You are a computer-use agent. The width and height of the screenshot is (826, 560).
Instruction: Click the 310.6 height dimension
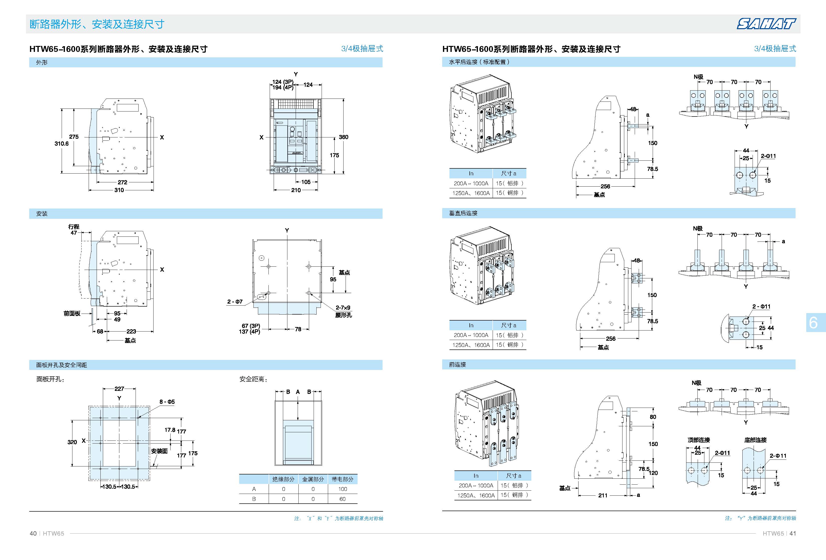[61, 143]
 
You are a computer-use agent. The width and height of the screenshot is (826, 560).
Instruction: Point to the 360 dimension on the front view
[343, 137]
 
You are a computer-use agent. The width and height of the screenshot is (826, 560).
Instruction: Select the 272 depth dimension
[123, 182]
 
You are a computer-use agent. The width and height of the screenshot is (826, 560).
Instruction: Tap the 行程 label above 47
[74, 226]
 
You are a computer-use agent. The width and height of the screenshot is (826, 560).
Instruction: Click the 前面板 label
[72, 313]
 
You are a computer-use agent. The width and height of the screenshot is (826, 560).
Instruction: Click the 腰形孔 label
[343, 315]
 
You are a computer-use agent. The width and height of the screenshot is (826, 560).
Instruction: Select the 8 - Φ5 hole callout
[167, 402]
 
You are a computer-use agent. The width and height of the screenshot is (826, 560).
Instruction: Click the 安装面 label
[159, 451]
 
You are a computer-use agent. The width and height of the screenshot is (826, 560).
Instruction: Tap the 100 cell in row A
[343, 489]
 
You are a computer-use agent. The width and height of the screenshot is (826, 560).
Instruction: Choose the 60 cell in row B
[343, 499]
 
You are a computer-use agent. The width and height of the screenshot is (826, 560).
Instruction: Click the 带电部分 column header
[343, 479]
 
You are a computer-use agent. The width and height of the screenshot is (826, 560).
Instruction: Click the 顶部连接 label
[699, 440]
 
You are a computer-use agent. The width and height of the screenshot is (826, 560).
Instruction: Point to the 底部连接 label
[755, 440]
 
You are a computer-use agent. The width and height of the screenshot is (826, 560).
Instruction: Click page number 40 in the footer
[33, 533]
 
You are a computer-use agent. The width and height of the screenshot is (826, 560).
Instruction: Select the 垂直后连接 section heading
[463, 213]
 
